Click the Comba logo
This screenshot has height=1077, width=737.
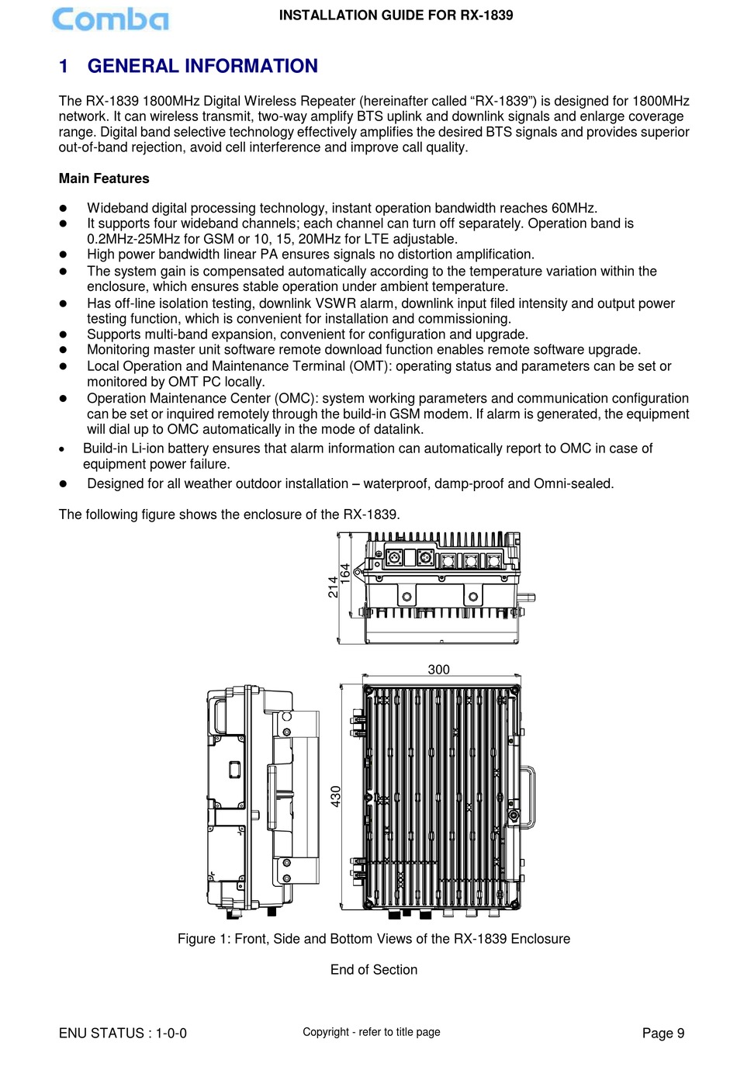point(109,19)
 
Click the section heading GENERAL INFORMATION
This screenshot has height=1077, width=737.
point(202,66)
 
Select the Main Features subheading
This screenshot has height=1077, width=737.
point(104,178)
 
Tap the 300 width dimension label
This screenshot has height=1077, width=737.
point(438,669)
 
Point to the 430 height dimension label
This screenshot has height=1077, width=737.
point(336,796)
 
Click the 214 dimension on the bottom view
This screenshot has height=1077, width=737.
point(333,587)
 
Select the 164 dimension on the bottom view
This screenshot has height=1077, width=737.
point(345,574)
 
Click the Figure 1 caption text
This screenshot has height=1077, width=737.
point(373,939)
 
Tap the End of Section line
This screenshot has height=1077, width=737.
point(373,970)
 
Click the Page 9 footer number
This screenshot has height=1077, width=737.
point(663,1033)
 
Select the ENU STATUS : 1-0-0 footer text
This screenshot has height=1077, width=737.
point(123,1033)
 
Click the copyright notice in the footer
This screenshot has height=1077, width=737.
point(371,1032)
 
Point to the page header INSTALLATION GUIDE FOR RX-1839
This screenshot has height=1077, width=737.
point(396,15)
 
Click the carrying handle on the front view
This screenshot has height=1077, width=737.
point(528,796)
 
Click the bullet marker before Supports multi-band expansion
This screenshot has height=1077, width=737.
point(64,334)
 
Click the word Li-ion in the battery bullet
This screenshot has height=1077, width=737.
point(150,448)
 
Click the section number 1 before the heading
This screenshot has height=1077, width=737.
point(64,66)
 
